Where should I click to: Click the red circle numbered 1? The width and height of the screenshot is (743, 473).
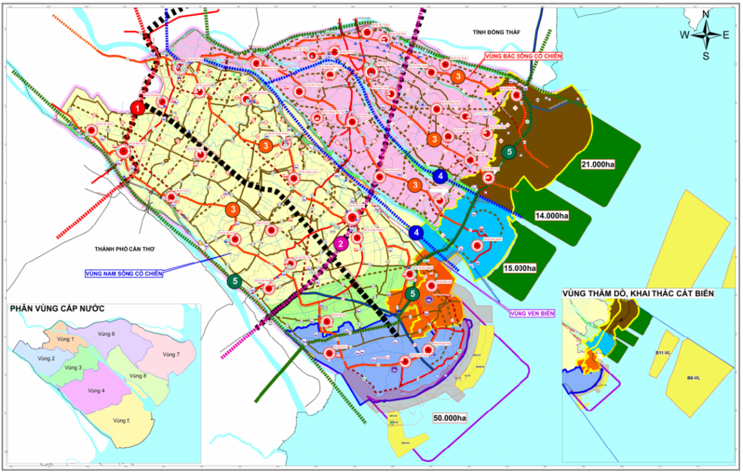pos(137,108)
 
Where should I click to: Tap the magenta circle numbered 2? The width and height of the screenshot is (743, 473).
pos(341,243)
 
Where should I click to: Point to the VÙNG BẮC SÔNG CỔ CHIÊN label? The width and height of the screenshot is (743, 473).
pos(523,56)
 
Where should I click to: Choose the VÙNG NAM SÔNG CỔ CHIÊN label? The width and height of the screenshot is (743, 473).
pos(123,274)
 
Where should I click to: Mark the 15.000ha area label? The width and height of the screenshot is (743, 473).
pos(519,267)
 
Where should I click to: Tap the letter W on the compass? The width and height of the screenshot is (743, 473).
pos(684,35)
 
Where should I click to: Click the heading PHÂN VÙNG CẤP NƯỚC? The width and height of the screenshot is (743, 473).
pos(57,309)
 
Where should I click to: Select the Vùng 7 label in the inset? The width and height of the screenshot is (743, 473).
pos(170,354)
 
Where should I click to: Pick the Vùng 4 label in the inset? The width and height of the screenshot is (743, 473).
pos(96,390)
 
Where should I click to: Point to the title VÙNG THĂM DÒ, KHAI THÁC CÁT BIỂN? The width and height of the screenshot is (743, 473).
pos(639,294)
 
